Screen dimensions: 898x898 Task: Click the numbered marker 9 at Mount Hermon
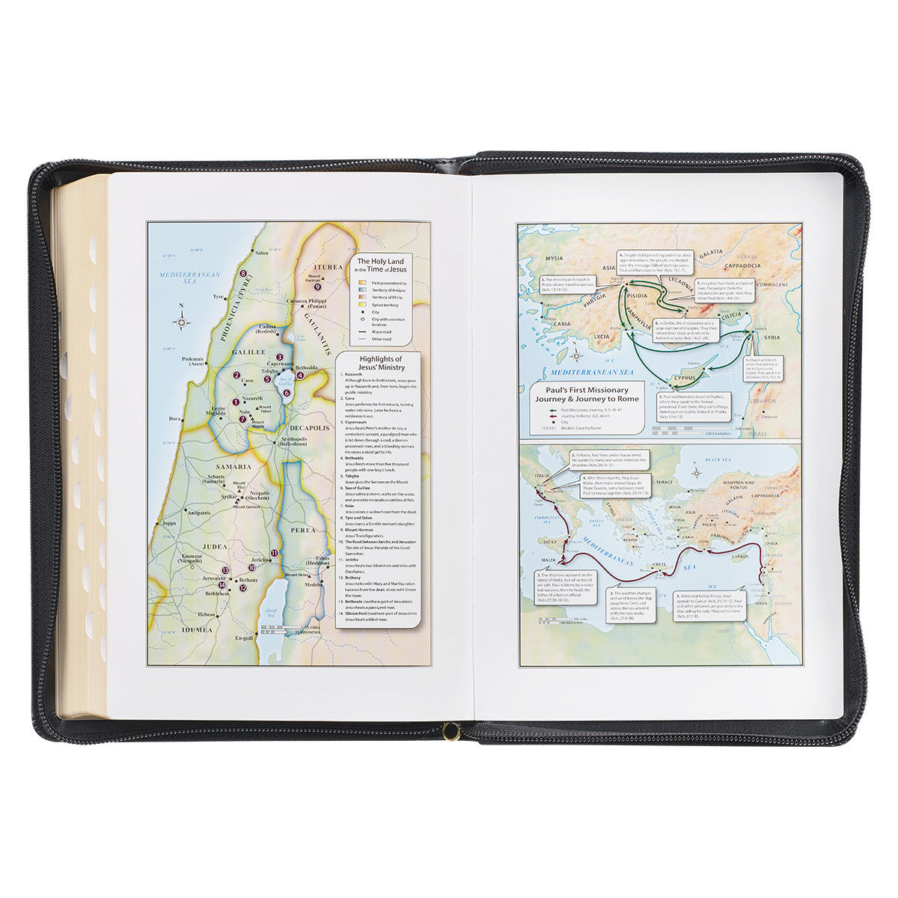(x=317, y=286)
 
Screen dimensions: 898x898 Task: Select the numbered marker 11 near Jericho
(x=274, y=553)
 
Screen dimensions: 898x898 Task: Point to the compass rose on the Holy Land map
(x=181, y=322)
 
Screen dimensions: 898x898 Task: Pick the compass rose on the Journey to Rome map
(x=697, y=473)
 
